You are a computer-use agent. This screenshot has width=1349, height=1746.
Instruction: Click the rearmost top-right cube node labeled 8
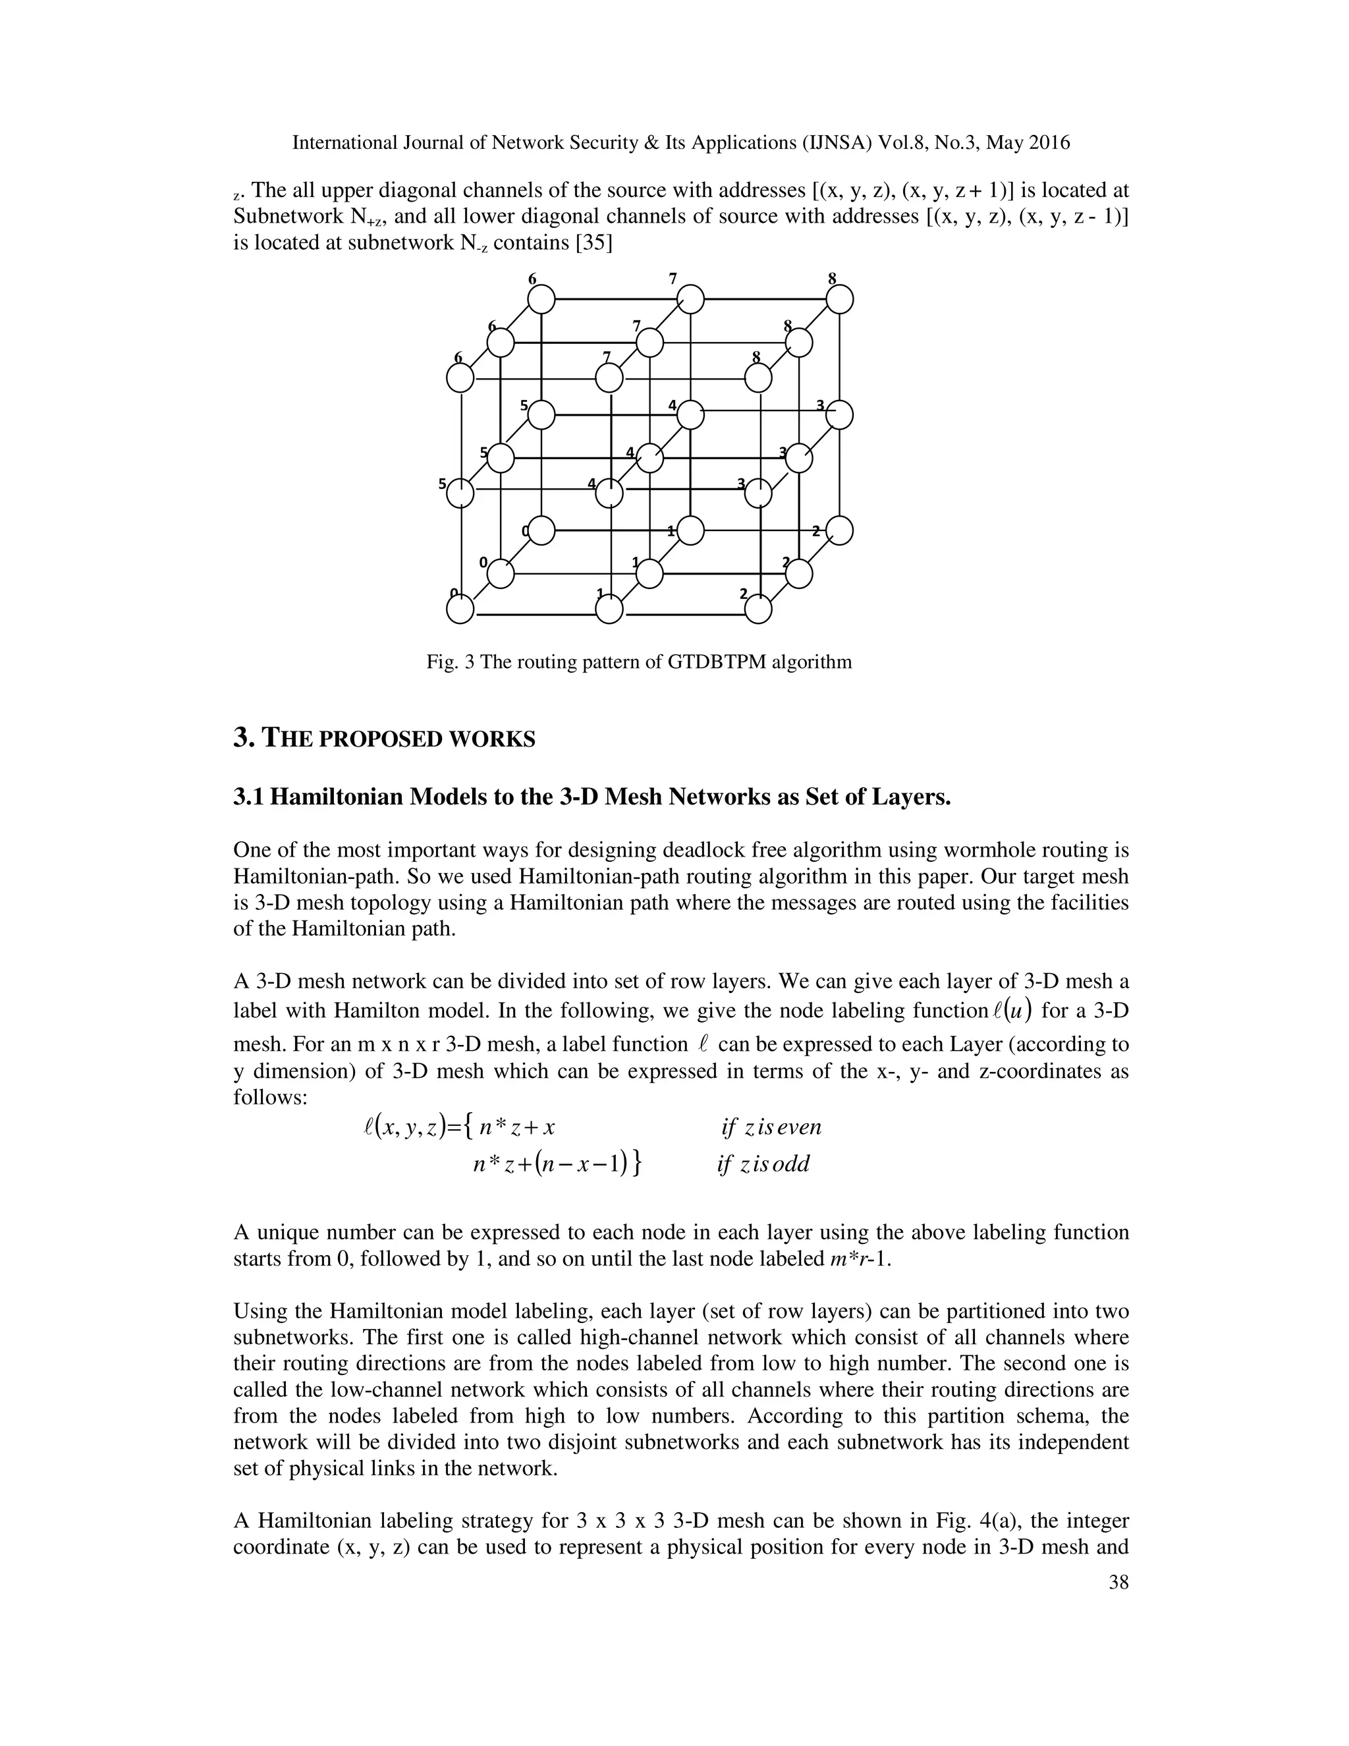(839, 300)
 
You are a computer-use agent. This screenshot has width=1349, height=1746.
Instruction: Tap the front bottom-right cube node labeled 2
(758, 610)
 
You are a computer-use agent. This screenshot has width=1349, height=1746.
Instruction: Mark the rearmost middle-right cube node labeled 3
(839, 415)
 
